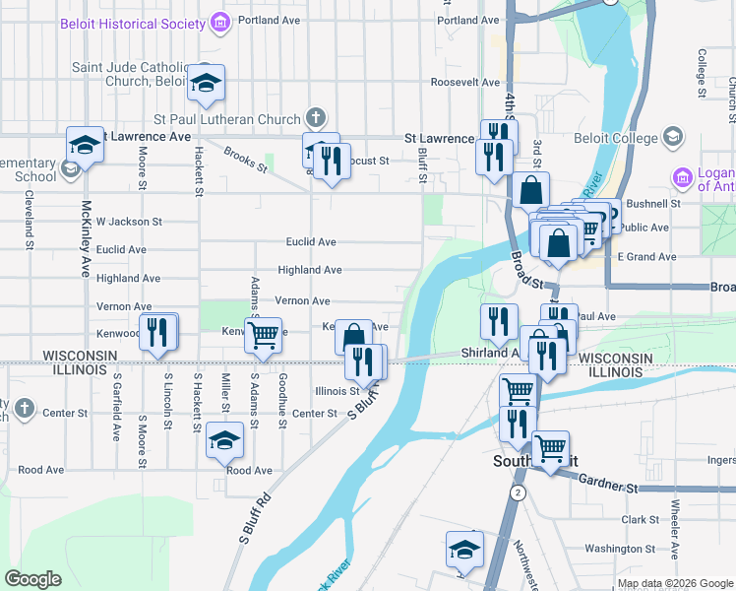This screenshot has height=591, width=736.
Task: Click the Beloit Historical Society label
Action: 131,21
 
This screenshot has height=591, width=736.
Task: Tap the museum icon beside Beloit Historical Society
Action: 219,21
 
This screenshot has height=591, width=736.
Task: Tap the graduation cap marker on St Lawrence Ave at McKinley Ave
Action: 86,146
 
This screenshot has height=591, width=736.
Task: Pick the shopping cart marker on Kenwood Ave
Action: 263,335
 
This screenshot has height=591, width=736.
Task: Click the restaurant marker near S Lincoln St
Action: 157,331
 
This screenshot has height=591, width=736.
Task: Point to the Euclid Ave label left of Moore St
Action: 122,250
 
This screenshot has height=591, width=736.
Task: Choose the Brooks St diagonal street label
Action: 246,159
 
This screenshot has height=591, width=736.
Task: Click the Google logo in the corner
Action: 33,579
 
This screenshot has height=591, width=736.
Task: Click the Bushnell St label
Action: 653,203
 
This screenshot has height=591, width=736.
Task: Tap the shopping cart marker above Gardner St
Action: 550,449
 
